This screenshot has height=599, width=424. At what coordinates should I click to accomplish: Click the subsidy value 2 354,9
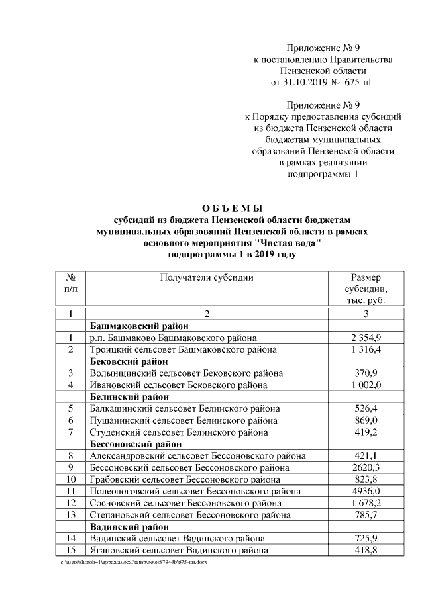[366, 338]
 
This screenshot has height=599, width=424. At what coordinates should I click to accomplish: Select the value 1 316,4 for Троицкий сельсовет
[366, 349]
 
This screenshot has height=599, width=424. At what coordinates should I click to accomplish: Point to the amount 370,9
[366, 373]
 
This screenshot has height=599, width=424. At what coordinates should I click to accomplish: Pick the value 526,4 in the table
[366, 408]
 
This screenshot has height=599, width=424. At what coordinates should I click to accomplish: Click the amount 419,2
[366, 432]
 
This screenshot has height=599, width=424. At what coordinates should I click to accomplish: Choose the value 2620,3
[366, 467]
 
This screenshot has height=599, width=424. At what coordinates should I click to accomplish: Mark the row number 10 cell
[70, 479]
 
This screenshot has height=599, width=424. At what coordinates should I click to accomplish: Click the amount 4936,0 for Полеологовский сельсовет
[366, 491]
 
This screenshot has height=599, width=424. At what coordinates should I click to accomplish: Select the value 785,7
[366, 514]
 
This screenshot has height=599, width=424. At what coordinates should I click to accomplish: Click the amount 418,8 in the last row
[366, 550]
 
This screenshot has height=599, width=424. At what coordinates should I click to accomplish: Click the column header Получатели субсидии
[207, 277]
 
